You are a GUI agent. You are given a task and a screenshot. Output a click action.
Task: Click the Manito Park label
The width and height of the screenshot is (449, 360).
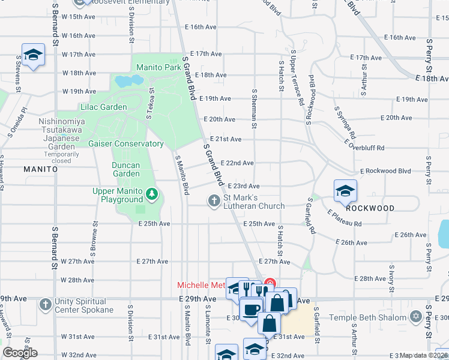coord(158,68)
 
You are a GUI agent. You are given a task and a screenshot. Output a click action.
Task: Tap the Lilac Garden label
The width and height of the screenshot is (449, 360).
coord(103,107)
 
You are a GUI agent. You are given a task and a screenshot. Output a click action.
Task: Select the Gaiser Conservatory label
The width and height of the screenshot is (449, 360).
coord(125,144)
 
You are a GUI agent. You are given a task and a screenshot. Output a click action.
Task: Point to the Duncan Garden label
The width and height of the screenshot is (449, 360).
coord(125,169)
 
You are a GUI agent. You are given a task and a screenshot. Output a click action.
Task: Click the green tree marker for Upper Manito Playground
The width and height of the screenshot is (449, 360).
coord(152,193)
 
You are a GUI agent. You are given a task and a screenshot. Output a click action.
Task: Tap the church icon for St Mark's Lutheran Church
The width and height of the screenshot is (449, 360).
coord(214,200)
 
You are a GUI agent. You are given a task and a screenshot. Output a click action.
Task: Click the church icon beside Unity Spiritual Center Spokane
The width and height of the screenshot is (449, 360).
coord(45,305)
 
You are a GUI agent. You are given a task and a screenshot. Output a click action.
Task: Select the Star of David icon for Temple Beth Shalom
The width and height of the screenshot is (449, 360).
coord(416,316)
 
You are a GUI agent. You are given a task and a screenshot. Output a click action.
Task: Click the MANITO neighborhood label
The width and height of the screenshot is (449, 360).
coord(40,170)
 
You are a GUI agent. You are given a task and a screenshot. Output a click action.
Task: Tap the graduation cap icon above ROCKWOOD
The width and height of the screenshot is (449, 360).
coord(345,191)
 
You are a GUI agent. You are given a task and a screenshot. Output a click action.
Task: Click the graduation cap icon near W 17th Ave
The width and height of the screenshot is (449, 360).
coord(34,55)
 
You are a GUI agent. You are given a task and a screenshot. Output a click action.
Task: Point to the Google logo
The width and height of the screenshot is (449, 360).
coord(20,353)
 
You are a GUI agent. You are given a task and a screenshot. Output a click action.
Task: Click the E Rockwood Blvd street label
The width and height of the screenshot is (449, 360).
coord(385,171)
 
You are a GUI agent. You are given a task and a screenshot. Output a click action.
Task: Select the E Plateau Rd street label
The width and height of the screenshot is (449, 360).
coord(345,218)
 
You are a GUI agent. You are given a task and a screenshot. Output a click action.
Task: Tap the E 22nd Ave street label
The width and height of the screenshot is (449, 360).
coord(237,163)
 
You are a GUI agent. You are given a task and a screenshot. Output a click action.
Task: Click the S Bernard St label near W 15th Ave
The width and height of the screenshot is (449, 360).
coord(55,24)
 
